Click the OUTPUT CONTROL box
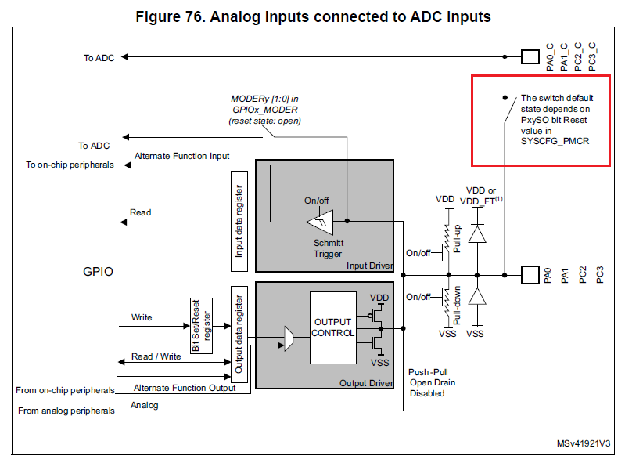pyautogui.click(x=333, y=327)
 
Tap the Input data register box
pyautogui.click(x=239, y=222)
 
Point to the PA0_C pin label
pyautogui.click(x=551, y=57)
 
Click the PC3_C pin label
pyautogui.click(x=592, y=57)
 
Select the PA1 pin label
pyautogui.click(x=565, y=275)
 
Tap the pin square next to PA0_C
pyautogui.click(x=529, y=56)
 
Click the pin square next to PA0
pyautogui.click(x=529, y=275)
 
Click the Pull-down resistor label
pyautogui.click(x=455, y=307)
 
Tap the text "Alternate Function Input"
pyautogui.click(x=182, y=156)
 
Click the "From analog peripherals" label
pyautogui.click(x=66, y=411)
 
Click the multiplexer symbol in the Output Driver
pyautogui.click(x=289, y=338)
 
